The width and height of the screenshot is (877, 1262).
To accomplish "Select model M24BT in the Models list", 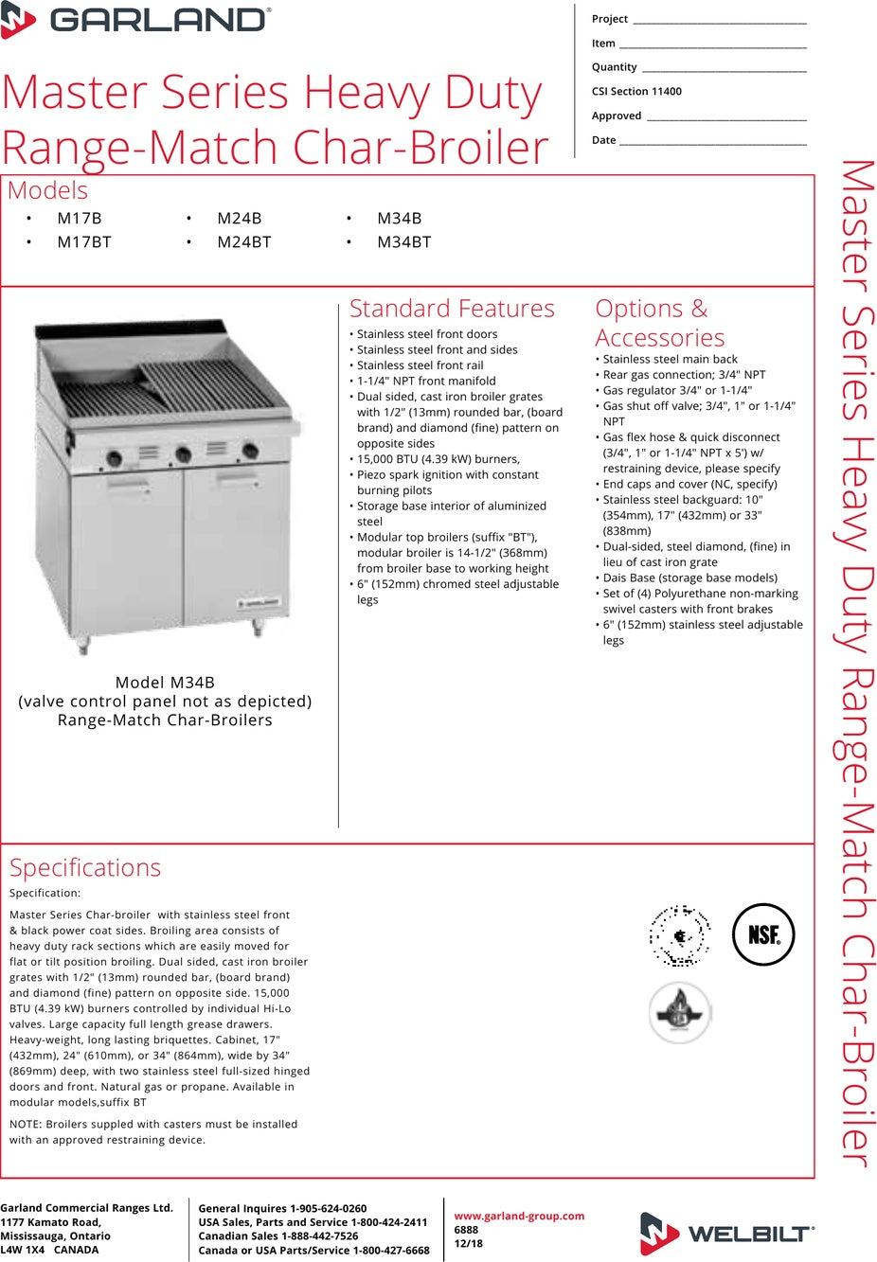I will coord(243,242).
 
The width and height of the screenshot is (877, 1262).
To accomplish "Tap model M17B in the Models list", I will coord(80,218).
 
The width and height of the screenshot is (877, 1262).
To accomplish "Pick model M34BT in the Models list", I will coord(403,242).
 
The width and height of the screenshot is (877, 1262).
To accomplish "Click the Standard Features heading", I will coord(452,309).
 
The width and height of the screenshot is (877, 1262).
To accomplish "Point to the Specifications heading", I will coord(85,867).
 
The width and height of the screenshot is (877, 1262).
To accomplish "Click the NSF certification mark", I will coord(763,934).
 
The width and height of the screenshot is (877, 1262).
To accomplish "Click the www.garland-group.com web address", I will coord(519,1216).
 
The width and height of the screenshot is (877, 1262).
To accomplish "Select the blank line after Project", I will coord(719,21).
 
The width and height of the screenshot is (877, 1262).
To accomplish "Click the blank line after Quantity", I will coord(724,69).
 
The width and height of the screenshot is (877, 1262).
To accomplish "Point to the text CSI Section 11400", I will coord(636,92).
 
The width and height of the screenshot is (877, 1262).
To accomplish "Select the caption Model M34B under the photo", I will coord(165,683).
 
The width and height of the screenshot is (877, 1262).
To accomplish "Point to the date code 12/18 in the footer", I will coord(468,1243).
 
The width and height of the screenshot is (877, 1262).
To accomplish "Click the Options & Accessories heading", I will coord(660,323).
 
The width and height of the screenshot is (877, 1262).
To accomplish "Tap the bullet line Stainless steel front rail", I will coord(420,365).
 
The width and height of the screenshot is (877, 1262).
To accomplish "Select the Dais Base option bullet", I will coord(689,578).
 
